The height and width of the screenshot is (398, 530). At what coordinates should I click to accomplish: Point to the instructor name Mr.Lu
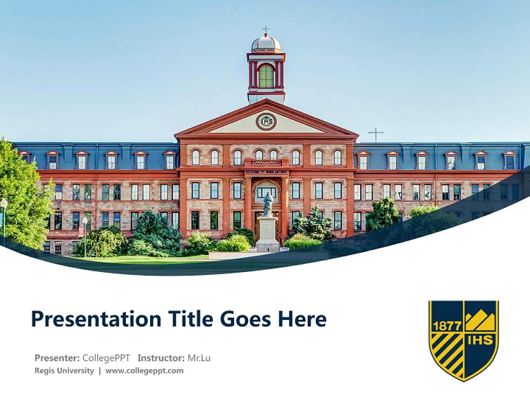199,358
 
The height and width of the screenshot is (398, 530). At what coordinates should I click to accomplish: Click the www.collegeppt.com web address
144,370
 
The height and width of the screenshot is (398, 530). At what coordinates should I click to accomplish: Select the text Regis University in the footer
64,370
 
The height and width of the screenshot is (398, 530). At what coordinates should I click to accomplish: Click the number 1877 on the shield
447,326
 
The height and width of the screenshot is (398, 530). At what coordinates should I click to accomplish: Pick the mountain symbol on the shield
480,320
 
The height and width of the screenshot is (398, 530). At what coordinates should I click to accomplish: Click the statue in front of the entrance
268,205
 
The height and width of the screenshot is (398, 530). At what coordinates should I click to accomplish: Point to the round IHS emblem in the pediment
266,121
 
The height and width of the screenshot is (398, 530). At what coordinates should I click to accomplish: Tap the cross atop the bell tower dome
266,29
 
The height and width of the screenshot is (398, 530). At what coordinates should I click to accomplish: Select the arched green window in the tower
266,76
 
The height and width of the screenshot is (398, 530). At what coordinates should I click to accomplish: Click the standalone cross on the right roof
376,134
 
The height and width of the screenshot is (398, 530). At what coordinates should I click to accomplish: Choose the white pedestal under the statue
268,233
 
